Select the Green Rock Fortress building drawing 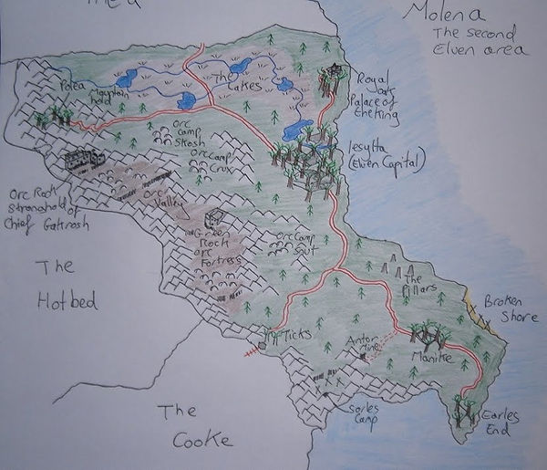pos(215,219)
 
